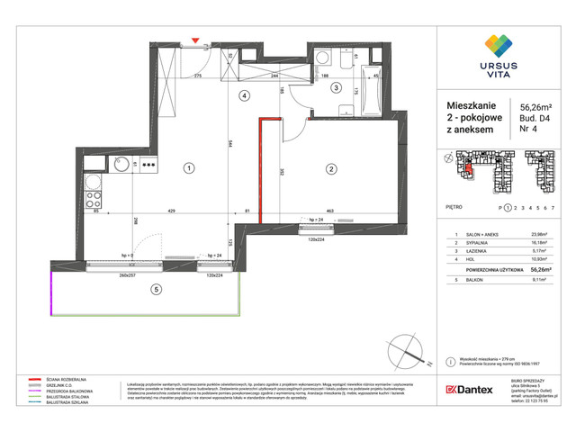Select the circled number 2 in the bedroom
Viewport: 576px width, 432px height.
coord(330,168)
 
